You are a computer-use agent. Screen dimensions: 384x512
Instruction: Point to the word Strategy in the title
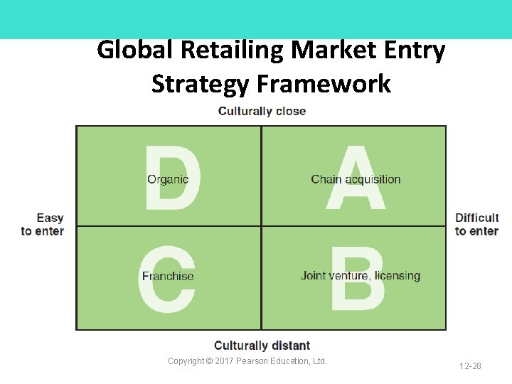(x=201, y=84)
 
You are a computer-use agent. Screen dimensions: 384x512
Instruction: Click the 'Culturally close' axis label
(x=262, y=111)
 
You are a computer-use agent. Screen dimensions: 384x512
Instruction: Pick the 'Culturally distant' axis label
(x=262, y=346)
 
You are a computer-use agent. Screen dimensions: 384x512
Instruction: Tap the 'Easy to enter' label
(x=43, y=225)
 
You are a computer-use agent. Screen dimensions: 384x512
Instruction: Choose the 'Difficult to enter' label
(x=477, y=225)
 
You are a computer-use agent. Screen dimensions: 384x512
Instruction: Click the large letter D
(x=174, y=178)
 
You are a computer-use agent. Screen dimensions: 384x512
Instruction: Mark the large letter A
(x=356, y=178)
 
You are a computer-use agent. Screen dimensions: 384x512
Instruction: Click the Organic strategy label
(x=168, y=179)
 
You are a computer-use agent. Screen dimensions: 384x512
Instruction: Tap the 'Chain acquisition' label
(x=356, y=179)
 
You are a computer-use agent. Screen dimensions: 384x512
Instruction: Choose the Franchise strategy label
(x=168, y=277)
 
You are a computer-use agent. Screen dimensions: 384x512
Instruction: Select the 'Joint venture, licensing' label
(x=361, y=276)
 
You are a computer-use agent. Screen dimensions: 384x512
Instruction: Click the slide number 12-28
(x=470, y=366)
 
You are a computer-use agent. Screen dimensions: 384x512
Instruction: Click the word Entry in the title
(x=414, y=50)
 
